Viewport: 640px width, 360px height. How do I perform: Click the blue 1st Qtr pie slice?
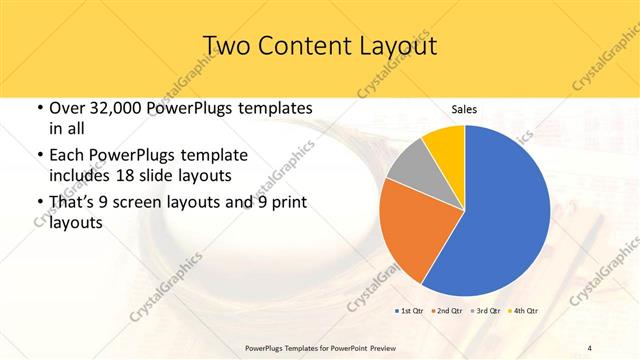click(500, 210)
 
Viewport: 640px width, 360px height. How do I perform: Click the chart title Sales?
click(463, 108)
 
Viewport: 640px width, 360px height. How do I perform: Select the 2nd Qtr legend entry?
click(447, 311)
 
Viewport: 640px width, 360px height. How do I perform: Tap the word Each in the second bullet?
click(67, 156)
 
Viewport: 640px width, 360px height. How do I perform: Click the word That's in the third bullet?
click(75, 203)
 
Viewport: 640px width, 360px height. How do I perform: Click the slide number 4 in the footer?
click(589, 347)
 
